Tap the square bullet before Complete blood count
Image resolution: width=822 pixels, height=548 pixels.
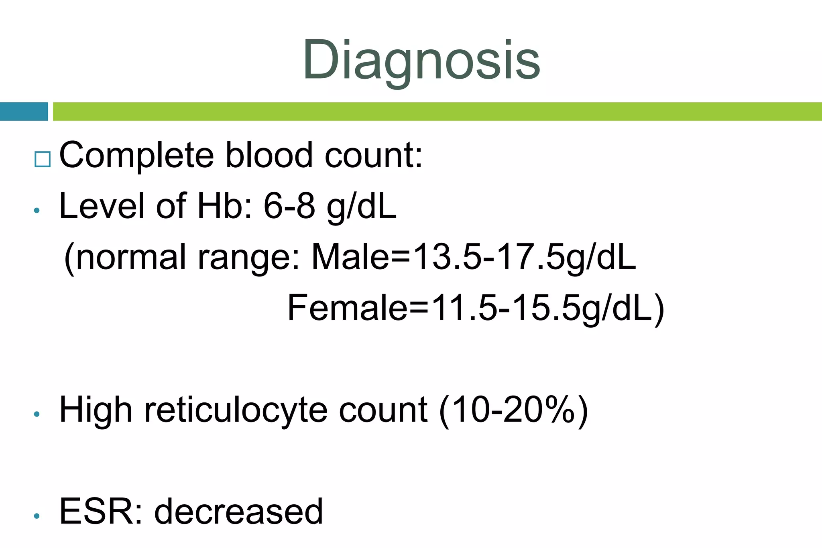[x=43, y=159]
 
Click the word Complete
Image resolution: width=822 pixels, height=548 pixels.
[x=136, y=156]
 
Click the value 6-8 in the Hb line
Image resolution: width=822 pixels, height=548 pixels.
[x=289, y=206]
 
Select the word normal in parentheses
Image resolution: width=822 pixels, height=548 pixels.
[x=131, y=257]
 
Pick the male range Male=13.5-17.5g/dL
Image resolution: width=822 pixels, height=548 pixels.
[x=474, y=257]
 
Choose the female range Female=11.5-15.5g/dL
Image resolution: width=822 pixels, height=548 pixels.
[x=476, y=308]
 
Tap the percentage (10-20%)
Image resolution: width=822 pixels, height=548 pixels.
[x=514, y=410]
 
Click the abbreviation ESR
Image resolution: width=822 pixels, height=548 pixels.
[x=100, y=512]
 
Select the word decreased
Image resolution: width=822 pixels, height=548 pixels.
[x=238, y=512]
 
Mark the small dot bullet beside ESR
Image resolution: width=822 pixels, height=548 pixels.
[x=37, y=516]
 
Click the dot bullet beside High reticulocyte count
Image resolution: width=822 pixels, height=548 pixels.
[x=37, y=414]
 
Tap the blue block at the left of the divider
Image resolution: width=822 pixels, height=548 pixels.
[x=24, y=112]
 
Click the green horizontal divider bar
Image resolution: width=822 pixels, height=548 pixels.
[x=437, y=112]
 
